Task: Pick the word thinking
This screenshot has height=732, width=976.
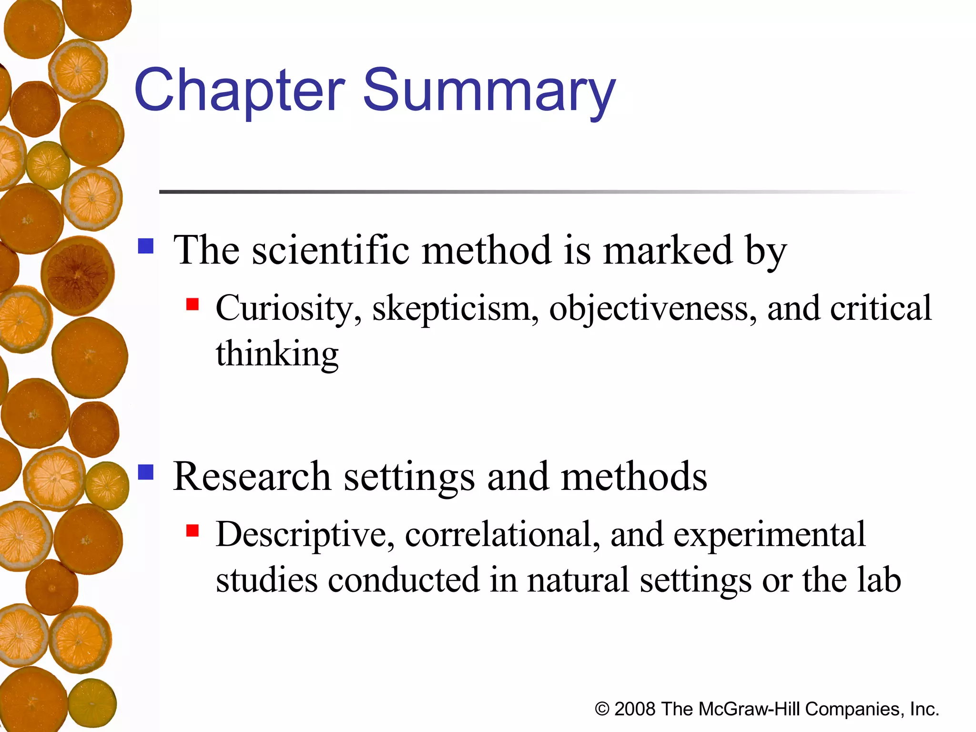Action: point(277,355)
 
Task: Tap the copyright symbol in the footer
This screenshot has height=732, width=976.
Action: point(602,710)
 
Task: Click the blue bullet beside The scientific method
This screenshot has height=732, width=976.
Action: point(146,246)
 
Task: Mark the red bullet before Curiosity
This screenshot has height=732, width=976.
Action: point(193,304)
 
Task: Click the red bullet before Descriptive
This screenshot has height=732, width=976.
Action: point(193,530)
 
